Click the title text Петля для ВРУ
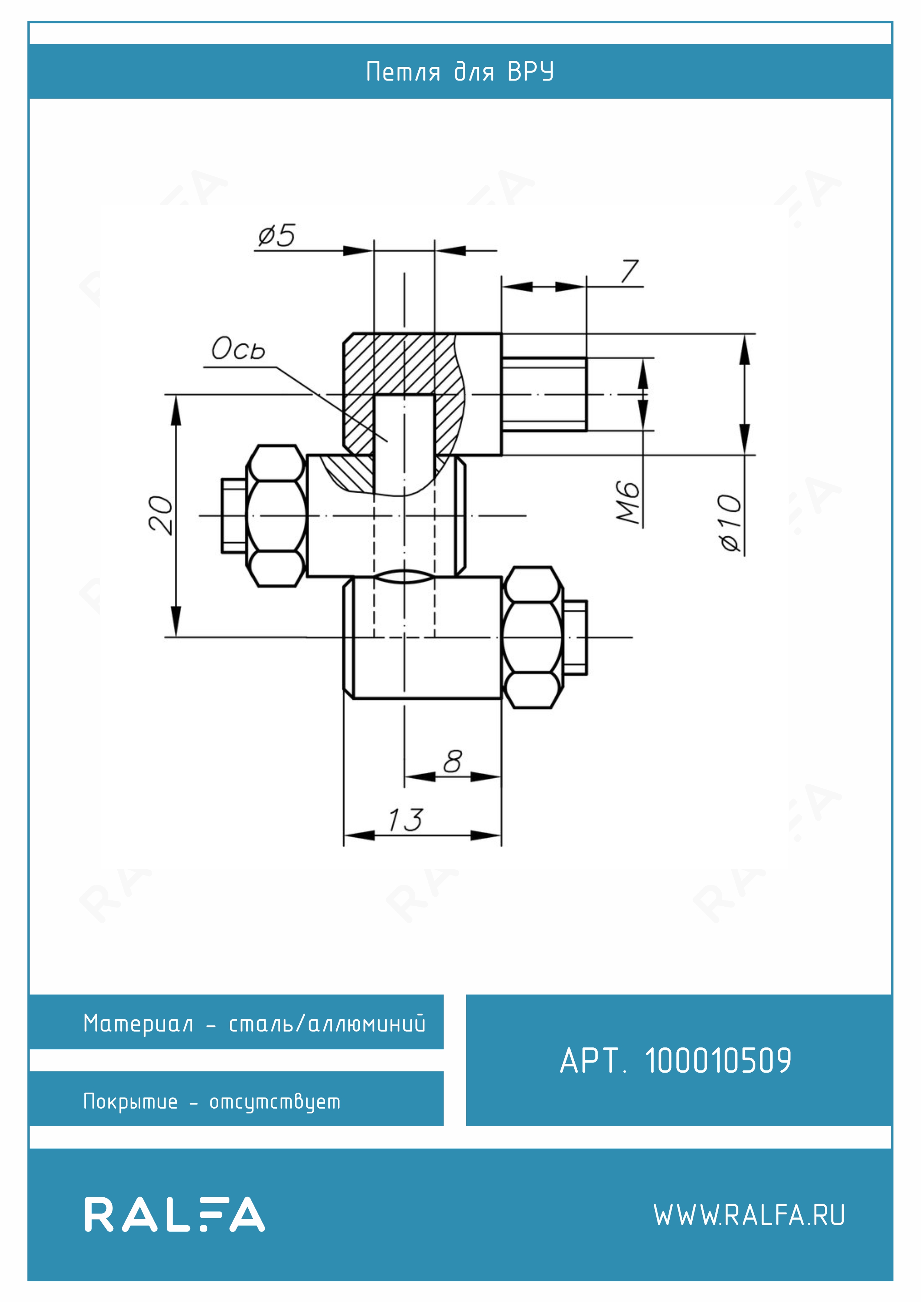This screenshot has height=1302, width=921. pyautogui.click(x=460, y=72)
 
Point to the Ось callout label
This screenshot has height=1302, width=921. pyautogui.click(x=238, y=348)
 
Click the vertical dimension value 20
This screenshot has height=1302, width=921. pyautogui.click(x=160, y=514)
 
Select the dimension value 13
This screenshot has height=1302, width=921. pyautogui.click(x=405, y=820)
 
